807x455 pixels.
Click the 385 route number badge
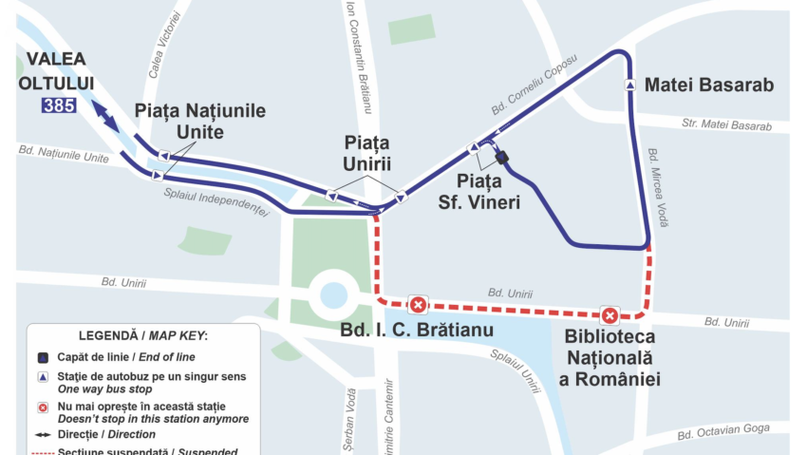58,105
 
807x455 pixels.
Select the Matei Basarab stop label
709,85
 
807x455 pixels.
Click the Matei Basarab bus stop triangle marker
629,85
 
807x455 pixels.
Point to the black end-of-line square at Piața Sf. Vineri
502,158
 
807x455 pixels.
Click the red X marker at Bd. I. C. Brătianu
417,304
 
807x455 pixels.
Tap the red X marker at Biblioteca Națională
610,315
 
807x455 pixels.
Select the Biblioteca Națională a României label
610,358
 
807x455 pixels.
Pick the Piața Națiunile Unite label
199,121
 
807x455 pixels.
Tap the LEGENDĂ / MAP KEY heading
142,336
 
